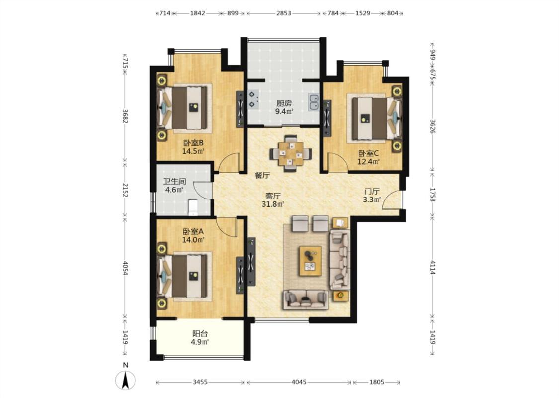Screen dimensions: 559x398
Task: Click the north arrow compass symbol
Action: (x=125, y=380)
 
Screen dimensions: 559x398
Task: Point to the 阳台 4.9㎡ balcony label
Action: (x=200, y=338)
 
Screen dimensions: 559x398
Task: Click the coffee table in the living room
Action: (x=310, y=261)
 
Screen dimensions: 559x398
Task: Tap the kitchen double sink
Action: (x=314, y=101)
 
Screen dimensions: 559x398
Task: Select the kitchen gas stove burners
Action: (x=253, y=99)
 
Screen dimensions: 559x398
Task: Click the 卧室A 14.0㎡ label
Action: (x=193, y=236)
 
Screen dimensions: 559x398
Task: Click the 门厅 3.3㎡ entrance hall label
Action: (x=372, y=195)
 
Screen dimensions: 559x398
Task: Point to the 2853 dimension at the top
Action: (x=284, y=13)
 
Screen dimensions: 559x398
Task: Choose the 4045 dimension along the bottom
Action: (x=299, y=382)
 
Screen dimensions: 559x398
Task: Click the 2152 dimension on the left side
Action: (x=125, y=190)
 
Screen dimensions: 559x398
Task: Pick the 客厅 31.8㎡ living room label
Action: (x=273, y=200)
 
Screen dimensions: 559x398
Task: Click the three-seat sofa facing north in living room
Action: (x=306, y=299)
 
